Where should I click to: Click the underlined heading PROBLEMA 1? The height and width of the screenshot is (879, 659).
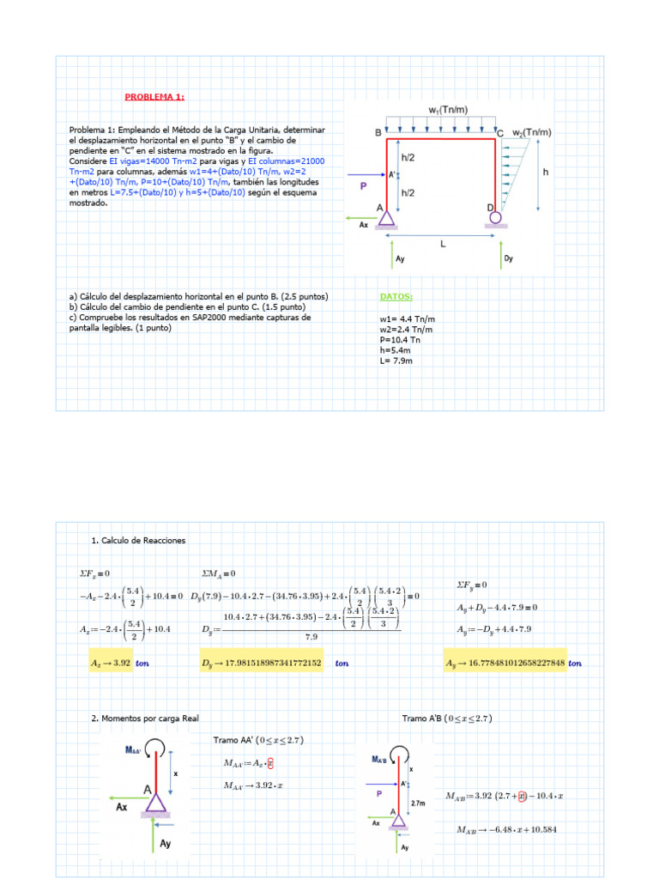[x=154, y=97]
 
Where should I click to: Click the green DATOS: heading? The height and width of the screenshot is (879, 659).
[x=396, y=297]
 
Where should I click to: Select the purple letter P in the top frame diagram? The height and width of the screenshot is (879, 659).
[x=363, y=185]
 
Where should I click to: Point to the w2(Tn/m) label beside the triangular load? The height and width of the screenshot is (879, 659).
[x=532, y=133]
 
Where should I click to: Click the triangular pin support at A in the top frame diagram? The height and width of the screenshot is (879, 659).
[x=386, y=216]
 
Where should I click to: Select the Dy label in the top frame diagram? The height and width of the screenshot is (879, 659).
[x=508, y=258]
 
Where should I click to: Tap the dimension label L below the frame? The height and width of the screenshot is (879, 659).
[x=443, y=243]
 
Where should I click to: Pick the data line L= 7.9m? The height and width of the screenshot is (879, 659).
[x=396, y=361]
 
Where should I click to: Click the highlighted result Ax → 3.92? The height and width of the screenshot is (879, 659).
[x=112, y=663]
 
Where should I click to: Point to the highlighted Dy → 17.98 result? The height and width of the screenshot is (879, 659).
[x=262, y=663]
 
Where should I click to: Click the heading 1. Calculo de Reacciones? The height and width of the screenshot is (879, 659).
[x=137, y=541]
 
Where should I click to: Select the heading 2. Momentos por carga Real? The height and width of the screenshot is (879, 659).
[x=143, y=718]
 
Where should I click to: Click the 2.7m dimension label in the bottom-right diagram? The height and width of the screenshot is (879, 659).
[x=419, y=803]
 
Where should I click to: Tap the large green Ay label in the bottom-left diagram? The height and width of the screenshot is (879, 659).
[x=165, y=844]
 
